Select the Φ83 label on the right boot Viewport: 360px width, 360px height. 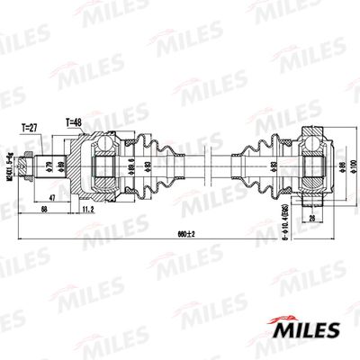273,167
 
